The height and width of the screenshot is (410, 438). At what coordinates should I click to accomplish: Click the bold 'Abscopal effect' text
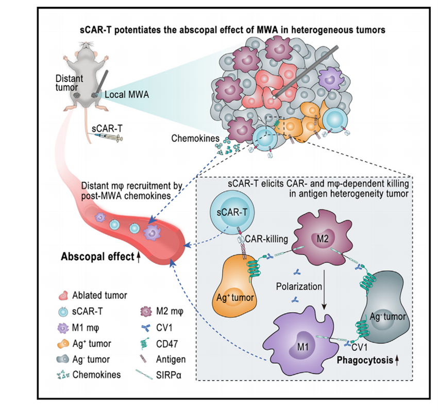(95, 255)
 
